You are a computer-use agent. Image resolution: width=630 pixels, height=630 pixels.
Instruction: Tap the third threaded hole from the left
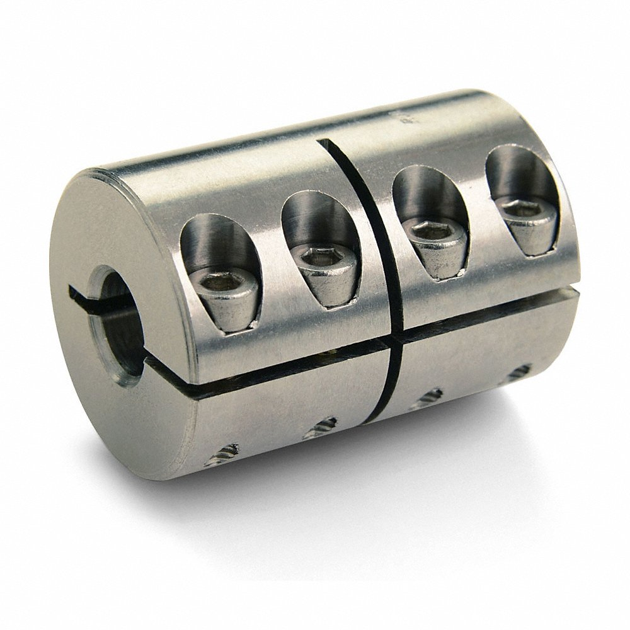point(430,398)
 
